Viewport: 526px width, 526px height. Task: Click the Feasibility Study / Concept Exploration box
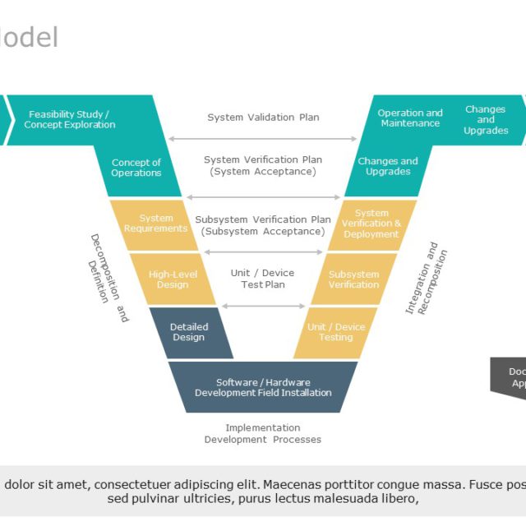[x=74, y=120]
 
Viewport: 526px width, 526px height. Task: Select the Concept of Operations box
[x=136, y=168]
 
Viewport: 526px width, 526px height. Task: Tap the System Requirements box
[x=155, y=224]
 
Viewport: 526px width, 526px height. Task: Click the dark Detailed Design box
[x=190, y=332]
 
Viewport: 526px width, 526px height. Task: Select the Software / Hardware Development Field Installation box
[x=263, y=387]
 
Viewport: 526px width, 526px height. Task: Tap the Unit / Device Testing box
[x=335, y=332]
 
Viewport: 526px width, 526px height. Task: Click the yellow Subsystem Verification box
[x=353, y=279]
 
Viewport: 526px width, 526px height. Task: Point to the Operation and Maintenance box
[x=409, y=118]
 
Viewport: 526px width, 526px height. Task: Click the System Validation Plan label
[x=263, y=118]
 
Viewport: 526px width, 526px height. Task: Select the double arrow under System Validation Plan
[x=263, y=139]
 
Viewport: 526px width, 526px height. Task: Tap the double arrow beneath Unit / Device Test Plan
[x=263, y=307]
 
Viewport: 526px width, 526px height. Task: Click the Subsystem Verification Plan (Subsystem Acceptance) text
[x=263, y=226]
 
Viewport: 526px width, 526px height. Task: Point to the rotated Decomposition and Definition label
[x=108, y=278]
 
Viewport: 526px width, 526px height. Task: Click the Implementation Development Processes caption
[x=263, y=434]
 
